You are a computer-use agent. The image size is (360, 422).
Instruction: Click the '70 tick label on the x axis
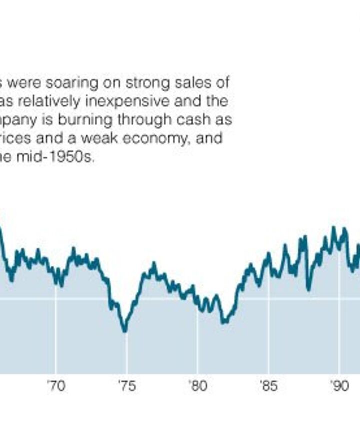[56, 386]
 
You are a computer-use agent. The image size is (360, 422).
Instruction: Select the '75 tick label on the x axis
[126, 386]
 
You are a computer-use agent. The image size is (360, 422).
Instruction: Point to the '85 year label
[268, 386]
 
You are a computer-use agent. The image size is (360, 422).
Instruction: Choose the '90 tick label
[339, 386]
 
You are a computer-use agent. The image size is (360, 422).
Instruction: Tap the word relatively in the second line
[64, 101]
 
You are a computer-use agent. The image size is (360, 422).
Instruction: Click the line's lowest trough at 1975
[125, 330]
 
